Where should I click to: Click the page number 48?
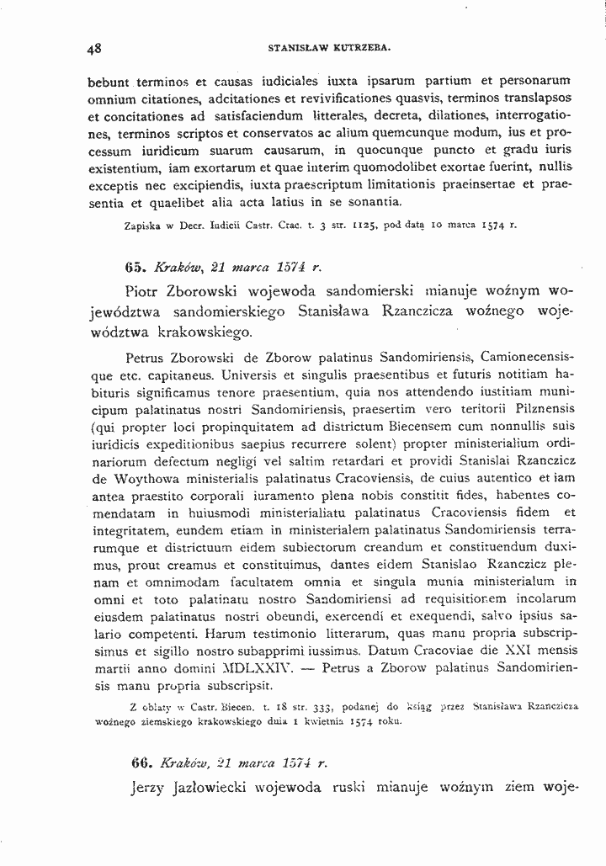pos(94,49)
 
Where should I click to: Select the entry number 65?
pos(136,267)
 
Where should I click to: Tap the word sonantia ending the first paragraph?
pos(371,202)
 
